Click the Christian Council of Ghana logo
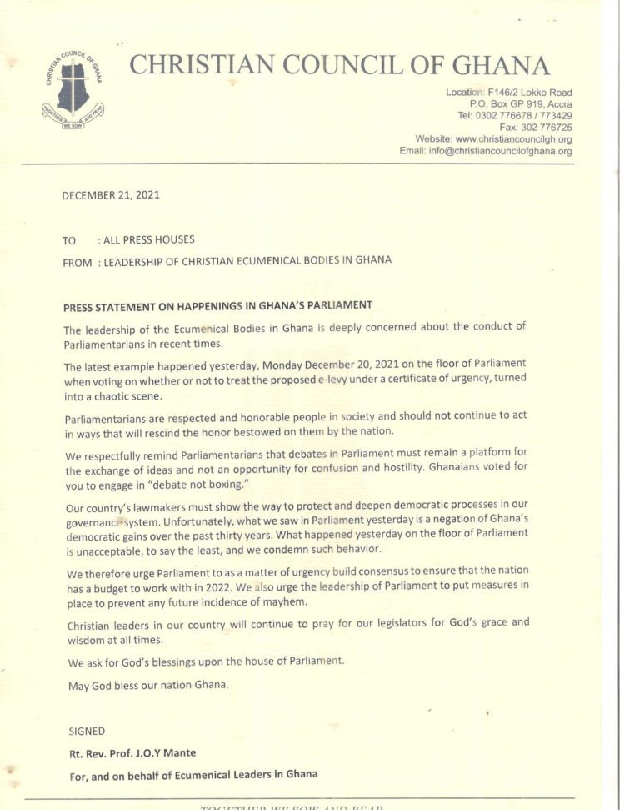[72, 91]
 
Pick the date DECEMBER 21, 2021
[111, 196]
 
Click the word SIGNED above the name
[87, 732]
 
